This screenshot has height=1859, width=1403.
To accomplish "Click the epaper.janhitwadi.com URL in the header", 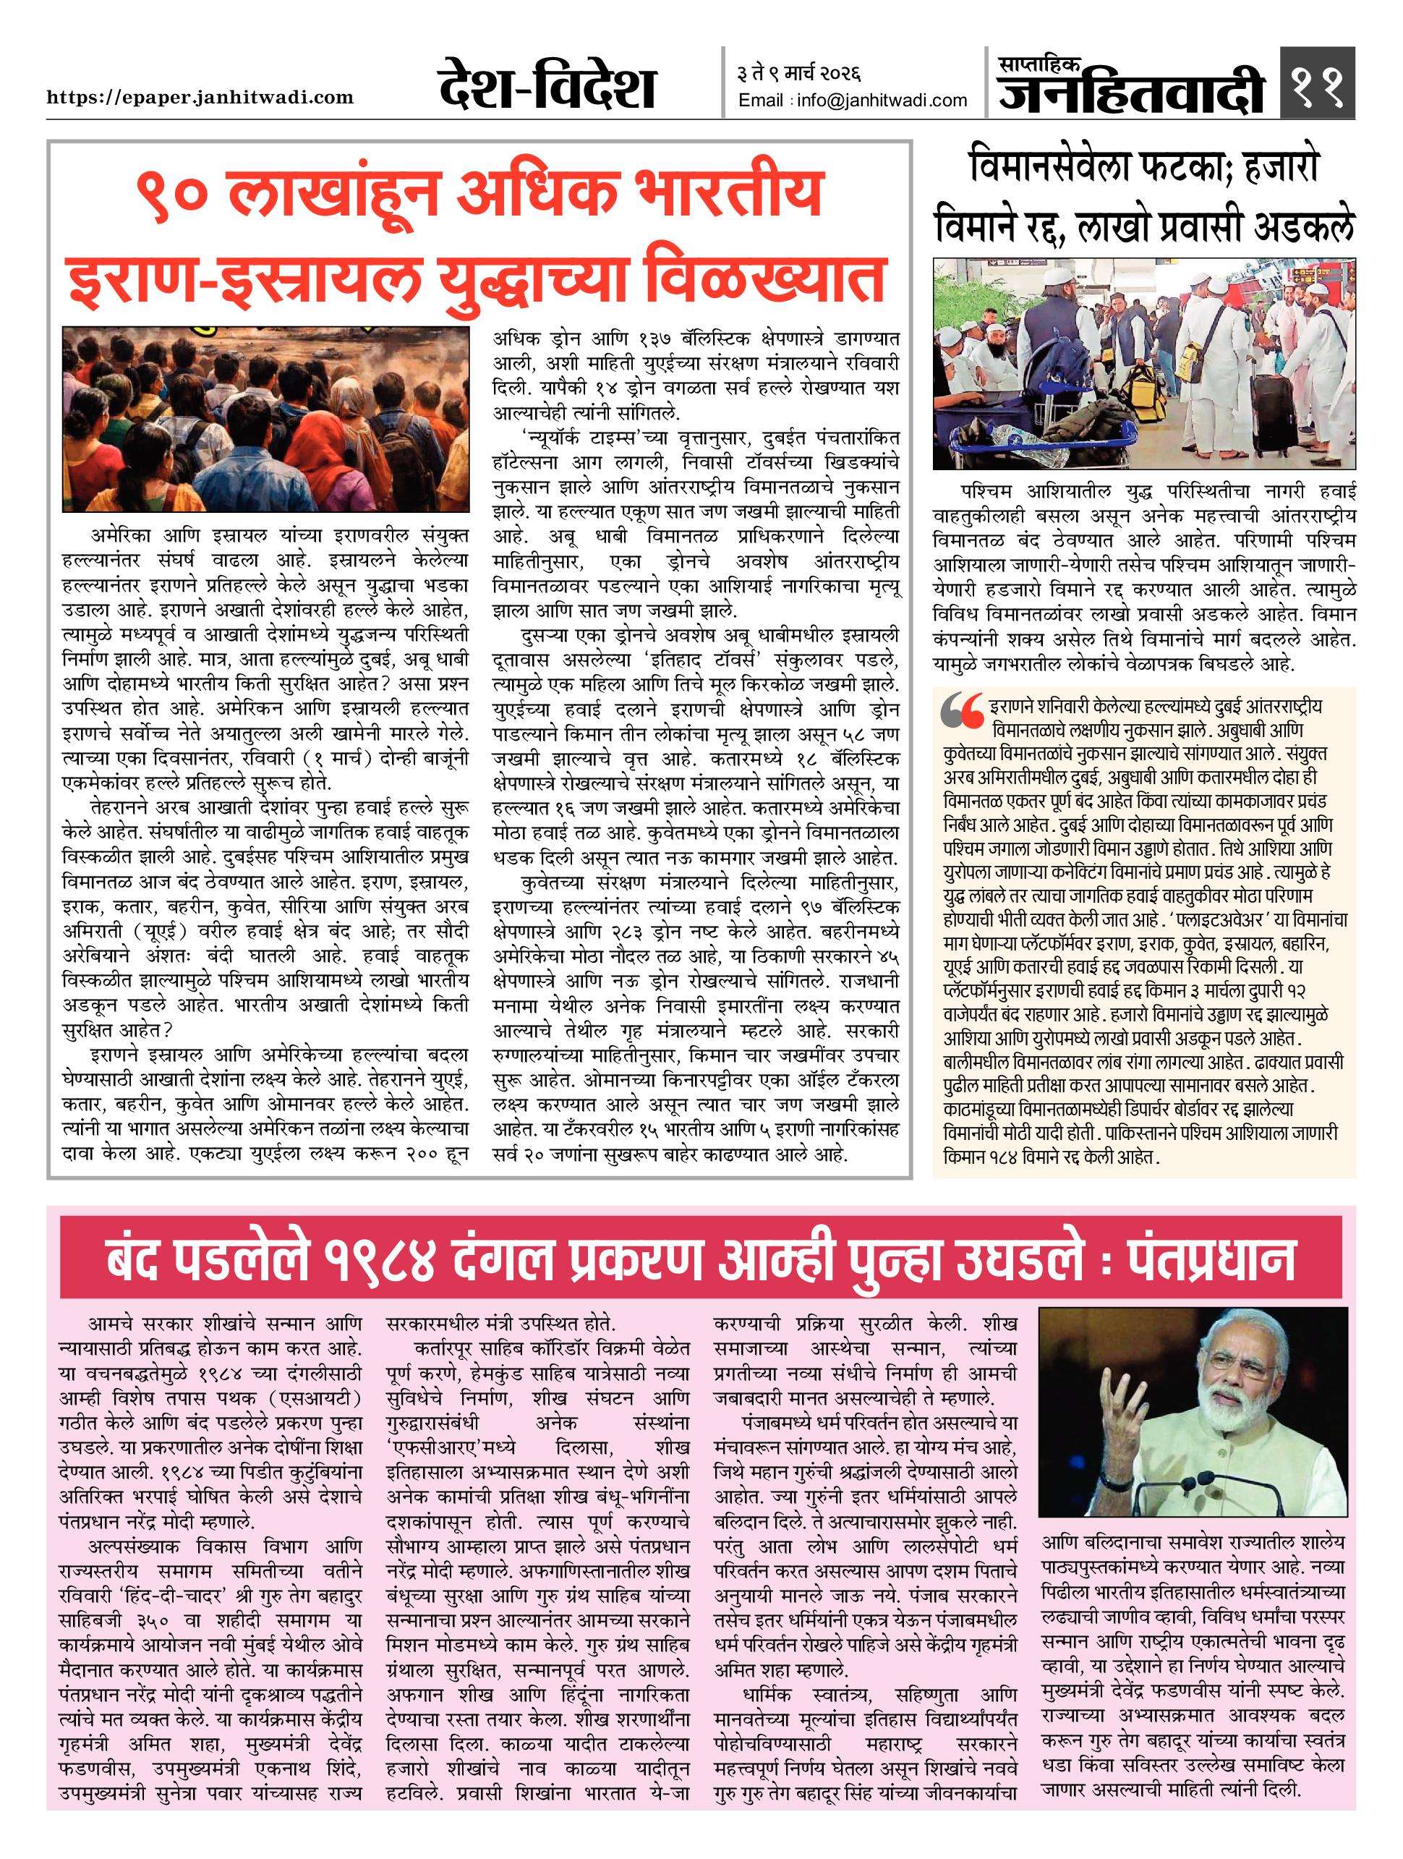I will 200,98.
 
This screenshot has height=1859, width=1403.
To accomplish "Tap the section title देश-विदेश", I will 546,88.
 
